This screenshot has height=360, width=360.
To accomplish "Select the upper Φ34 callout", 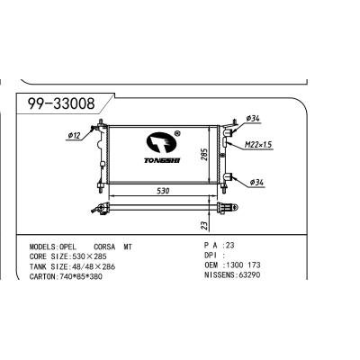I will click(253, 118).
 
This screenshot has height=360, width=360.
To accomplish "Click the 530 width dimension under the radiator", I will click(162, 192).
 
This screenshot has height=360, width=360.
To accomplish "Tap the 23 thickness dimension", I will click(204, 226).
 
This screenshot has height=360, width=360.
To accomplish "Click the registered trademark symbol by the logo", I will click(177, 131).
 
